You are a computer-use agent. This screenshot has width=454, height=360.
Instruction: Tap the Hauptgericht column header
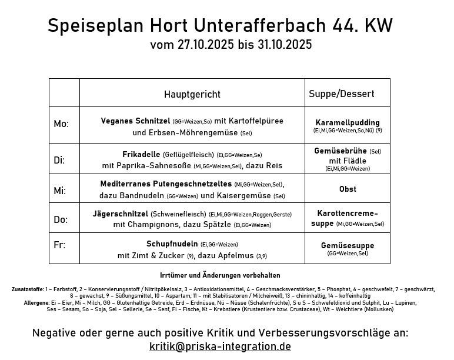[192, 94]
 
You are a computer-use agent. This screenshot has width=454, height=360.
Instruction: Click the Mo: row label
[61, 124]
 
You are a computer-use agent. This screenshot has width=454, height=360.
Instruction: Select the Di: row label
[59, 160]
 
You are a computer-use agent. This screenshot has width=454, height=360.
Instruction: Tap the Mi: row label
[60, 191]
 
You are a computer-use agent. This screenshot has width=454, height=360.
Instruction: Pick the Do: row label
[61, 219]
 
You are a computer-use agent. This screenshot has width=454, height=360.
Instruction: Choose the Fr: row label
[59, 245]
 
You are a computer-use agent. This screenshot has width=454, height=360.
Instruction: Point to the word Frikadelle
[141, 154]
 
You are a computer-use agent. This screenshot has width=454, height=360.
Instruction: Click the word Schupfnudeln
[172, 244]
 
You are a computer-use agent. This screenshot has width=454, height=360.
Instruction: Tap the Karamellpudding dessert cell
[348, 124]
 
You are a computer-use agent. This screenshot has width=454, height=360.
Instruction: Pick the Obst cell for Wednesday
[348, 189]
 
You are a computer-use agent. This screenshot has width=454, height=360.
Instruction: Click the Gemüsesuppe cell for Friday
[348, 246]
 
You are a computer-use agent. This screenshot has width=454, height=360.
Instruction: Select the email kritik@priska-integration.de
[220, 346]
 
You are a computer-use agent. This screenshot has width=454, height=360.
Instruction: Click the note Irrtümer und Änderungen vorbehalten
[220, 275]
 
